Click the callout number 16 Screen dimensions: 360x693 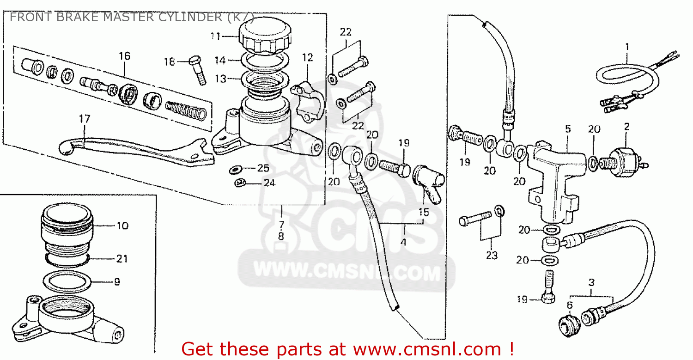click(124, 56)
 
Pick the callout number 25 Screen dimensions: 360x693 click(263, 168)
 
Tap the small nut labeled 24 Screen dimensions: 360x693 click(239, 183)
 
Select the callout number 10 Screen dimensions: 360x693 click(122, 226)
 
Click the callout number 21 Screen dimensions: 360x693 click(122, 259)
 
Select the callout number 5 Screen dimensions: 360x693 click(568, 129)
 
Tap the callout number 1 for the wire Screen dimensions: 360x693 click(627, 46)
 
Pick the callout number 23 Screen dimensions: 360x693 click(492, 255)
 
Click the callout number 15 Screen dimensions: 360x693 click(424, 212)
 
